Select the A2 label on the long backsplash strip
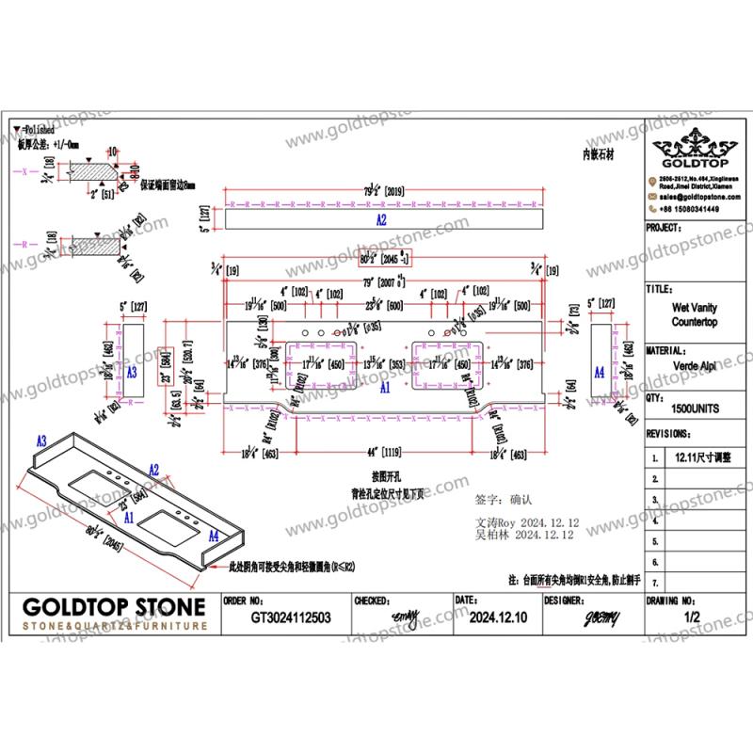381,219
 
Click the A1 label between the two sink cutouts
385,387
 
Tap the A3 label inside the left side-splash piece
132,373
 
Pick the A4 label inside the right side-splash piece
600,373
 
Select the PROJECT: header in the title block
665,229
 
